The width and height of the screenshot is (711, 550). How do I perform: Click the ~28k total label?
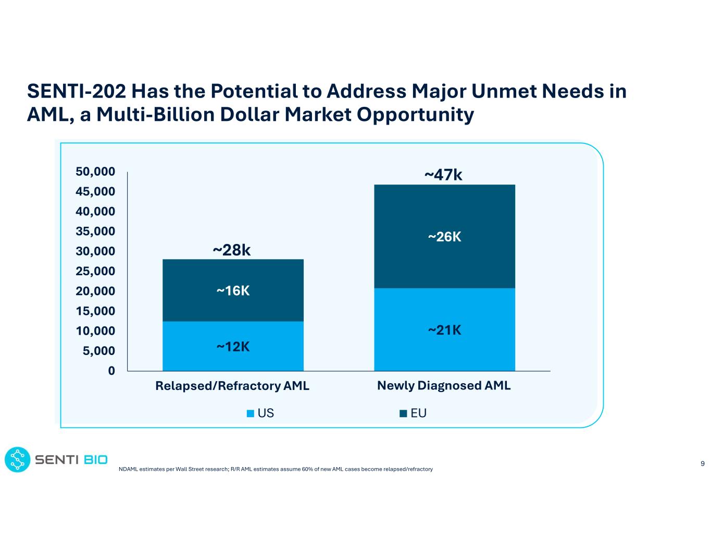(232, 251)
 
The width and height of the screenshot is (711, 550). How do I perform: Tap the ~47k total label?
(443, 175)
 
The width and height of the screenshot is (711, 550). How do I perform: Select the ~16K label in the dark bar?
(233, 291)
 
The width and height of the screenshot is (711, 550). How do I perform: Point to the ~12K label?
(233, 347)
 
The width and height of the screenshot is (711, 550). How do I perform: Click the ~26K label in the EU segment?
(444, 237)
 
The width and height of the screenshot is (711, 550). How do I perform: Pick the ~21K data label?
(444, 330)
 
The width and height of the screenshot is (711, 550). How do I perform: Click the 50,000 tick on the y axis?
(95, 172)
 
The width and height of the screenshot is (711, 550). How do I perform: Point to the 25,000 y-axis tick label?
(95, 271)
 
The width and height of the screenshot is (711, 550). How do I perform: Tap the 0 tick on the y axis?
(111, 371)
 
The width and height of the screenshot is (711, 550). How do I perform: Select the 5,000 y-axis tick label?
(99, 351)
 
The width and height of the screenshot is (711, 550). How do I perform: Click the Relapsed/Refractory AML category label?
(232, 386)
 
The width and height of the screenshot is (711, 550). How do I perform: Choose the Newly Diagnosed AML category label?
(444, 386)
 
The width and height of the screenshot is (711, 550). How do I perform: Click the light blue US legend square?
(251, 413)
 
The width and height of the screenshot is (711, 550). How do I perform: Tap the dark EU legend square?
(403, 413)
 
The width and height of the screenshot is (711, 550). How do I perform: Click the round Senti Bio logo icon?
(18, 460)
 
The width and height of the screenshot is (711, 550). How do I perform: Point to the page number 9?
(703, 463)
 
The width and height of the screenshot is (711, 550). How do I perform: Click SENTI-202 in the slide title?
(76, 91)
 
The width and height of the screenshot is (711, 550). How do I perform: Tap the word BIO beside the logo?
(95, 460)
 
